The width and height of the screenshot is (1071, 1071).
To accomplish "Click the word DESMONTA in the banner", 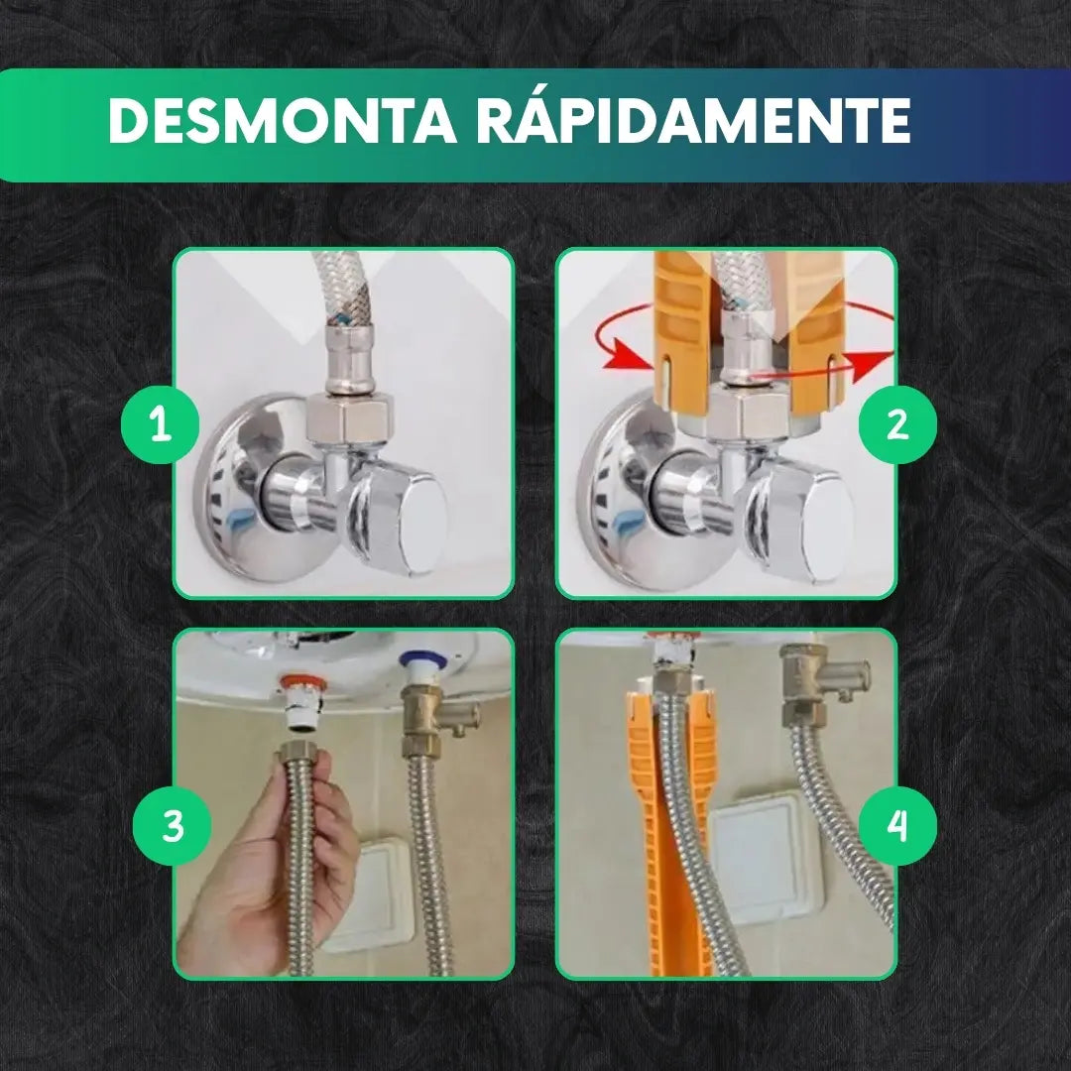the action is (282, 120).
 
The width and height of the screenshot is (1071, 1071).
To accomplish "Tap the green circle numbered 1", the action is (161, 424).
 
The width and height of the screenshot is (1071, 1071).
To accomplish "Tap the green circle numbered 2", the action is (897, 424).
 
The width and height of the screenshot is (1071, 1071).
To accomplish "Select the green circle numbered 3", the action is (173, 825).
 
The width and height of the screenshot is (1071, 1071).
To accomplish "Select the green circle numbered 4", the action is (897, 825).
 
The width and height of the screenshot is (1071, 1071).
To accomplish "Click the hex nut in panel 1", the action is (350, 417).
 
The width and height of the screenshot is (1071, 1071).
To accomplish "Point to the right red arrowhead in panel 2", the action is (870, 363).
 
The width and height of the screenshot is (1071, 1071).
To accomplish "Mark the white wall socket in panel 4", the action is (765, 846).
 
